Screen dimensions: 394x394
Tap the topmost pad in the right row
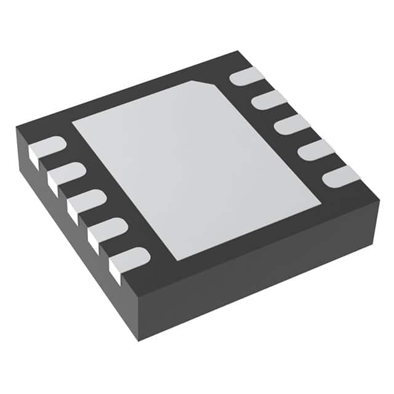(x=246, y=76)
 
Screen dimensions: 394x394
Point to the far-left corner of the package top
(x=17, y=126)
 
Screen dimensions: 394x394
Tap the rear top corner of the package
(x=238, y=52)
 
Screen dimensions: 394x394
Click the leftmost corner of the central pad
(x=72, y=123)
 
